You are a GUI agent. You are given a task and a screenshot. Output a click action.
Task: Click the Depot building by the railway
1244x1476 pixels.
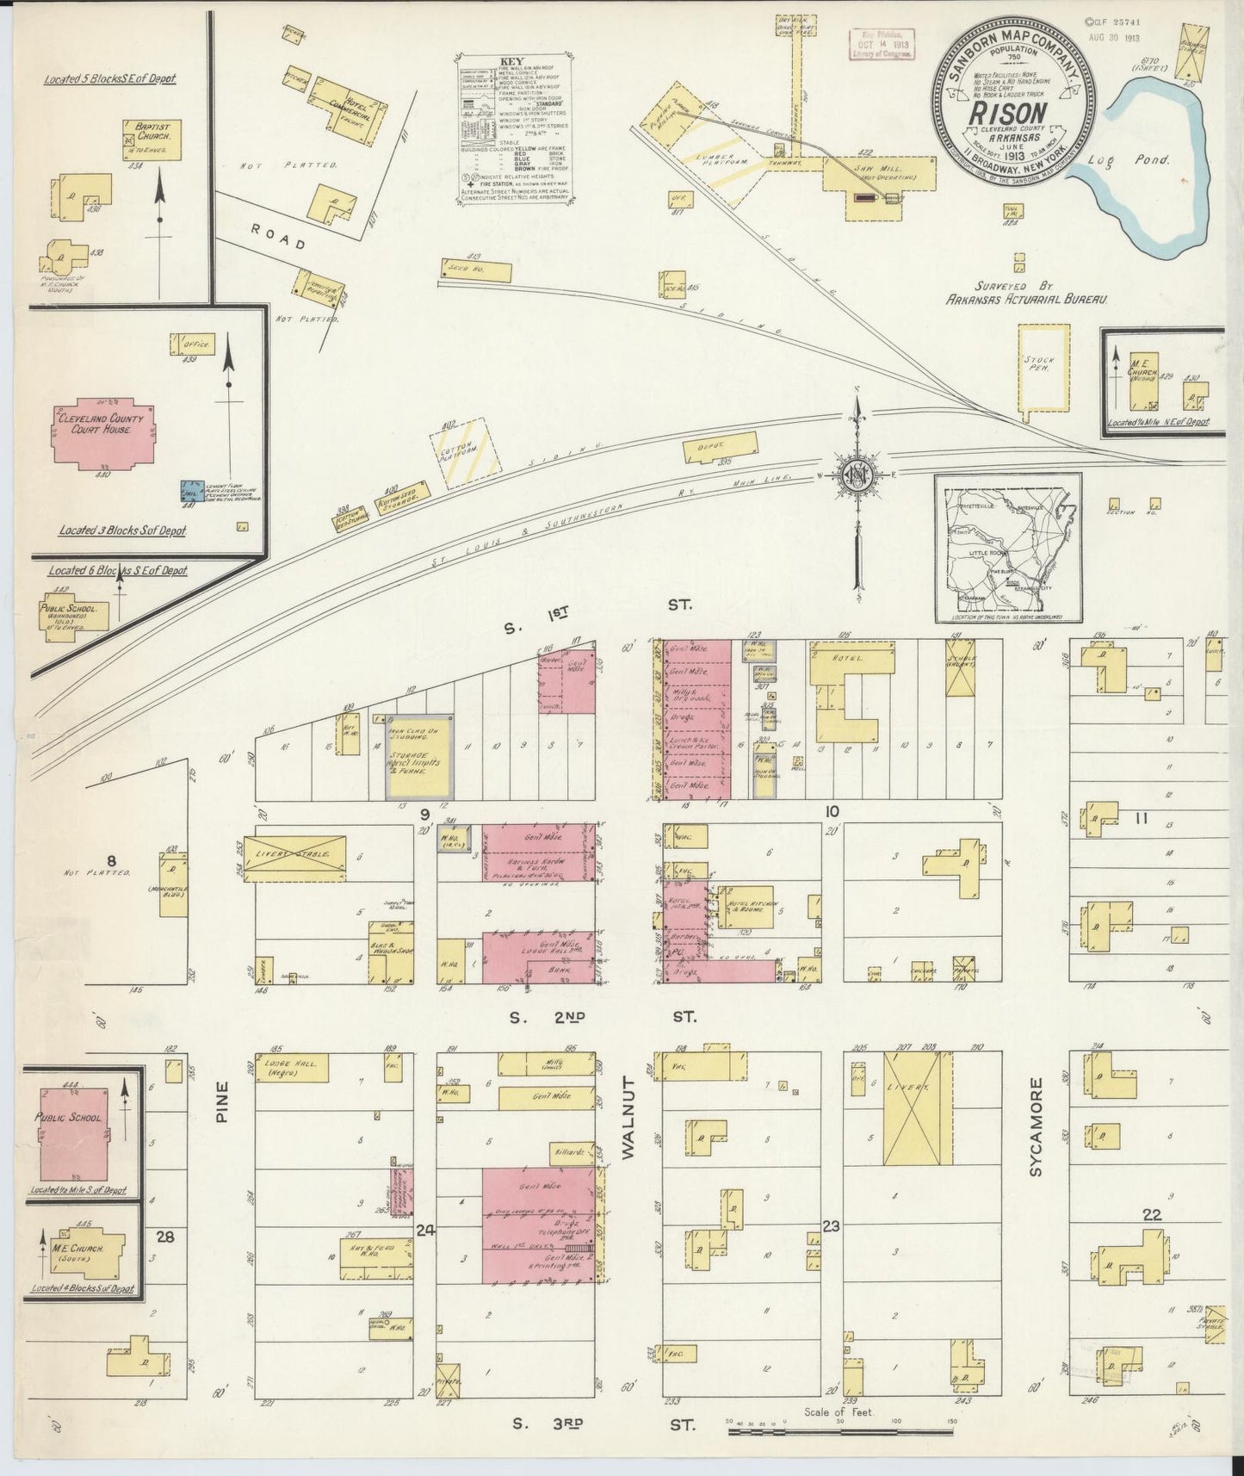tap(721, 448)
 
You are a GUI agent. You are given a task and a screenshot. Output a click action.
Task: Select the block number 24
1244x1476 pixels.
tap(425, 1231)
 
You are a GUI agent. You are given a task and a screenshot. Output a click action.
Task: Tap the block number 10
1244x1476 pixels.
tap(831, 810)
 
